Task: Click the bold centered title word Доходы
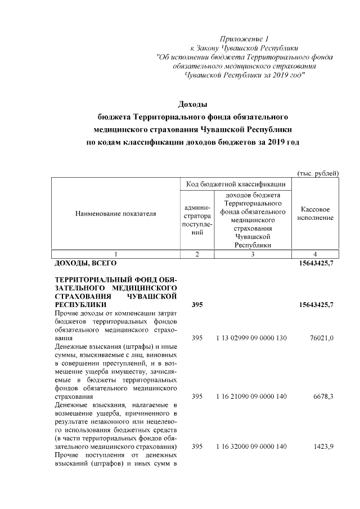click(x=193, y=105)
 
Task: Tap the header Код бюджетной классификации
click(x=235, y=184)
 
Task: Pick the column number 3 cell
click(x=253, y=254)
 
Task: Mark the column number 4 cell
click(x=316, y=254)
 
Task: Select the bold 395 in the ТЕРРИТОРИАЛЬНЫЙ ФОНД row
click(x=197, y=304)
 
